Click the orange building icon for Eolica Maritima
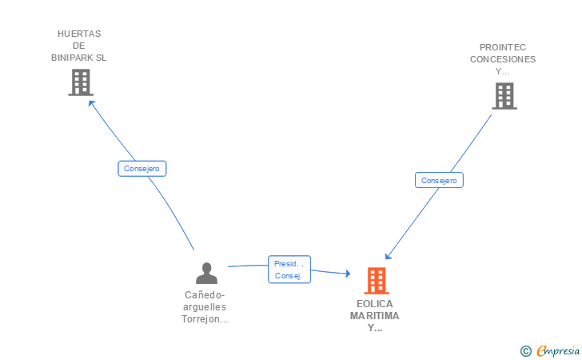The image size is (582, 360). coord(376,281)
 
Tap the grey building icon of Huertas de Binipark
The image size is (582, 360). coord(80,82)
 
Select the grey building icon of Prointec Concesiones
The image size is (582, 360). coord(504,96)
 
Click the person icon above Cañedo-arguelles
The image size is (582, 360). coord(206,274)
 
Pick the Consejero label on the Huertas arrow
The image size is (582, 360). coord(142,169)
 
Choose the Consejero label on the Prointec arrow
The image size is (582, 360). coord(439,181)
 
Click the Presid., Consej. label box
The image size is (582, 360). coord(288,270)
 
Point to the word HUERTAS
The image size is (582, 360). coord(79,34)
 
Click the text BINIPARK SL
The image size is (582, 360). coord(78,58)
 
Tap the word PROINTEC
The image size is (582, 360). coord(503,47)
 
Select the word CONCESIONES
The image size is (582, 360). coord(503,59)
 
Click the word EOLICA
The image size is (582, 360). coord(375,304)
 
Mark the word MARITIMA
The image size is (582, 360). coord(375,316)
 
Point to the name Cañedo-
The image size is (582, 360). coord(205,294)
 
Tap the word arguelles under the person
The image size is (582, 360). coord(205,306)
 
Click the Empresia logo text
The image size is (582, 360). coord(558,350)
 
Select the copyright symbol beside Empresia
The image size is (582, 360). coord(525,350)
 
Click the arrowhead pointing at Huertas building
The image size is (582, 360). coord(90,102)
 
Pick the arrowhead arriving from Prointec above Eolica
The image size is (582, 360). coord(388,257)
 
